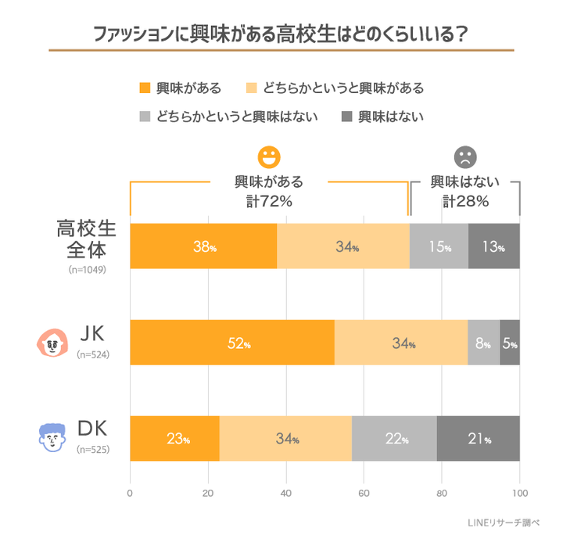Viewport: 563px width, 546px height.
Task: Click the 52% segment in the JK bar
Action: pyautogui.click(x=232, y=343)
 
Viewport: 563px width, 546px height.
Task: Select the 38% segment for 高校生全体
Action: pyautogui.click(x=203, y=246)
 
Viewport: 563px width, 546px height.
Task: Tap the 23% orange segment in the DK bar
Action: pyautogui.click(x=174, y=438)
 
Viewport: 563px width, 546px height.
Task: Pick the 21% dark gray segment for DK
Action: pyautogui.click(x=478, y=438)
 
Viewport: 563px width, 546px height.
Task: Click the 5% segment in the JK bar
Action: pyautogui.click(x=510, y=343)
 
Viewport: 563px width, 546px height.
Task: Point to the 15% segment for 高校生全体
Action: pyautogui.click(x=439, y=246)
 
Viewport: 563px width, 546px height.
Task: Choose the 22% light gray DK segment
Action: pyautogui.click(x=394, y=438)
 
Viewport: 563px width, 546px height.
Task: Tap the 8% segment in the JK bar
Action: pyautogui.click(x=483, y=343)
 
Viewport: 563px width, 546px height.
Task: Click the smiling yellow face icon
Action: pyautogui.click(x=269, y=156)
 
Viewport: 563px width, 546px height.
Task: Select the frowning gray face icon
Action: pyautogui.click(x=464, y=156)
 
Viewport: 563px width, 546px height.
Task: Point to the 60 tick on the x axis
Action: pyautogui.click(x=364, y=494)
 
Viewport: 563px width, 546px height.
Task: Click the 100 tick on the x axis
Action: pyautogui.click(x=519, y=494)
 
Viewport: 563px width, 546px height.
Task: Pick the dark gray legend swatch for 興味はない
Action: pyautogui.click(x=346, y=117)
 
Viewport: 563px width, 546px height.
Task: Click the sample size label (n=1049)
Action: pyautogui.click(x=86, y=269)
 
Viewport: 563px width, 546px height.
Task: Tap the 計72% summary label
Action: pyautogui.click(x=269, y=201)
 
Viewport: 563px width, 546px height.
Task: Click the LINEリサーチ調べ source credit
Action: pyautogui.click(x=508, y=522)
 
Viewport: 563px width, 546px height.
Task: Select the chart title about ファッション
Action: pyautogui.click(x=281, y=34)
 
